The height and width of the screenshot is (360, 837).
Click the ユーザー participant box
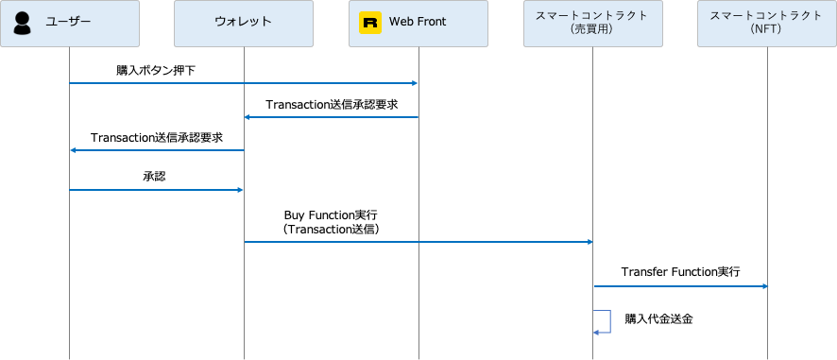click(x=70, y=24)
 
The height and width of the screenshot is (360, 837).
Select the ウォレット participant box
click(x=244, y=24)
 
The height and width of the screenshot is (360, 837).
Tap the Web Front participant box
click(x=418, y=24)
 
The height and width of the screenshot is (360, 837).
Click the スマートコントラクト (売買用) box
click(x=593, y=24)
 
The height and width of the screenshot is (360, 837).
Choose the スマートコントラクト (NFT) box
click(x=766, y=24)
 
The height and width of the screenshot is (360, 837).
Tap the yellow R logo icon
click(x=370, y=23)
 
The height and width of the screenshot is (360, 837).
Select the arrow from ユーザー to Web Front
click(x=244, y=83)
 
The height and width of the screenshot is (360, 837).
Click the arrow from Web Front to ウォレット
click(x=331, y=117)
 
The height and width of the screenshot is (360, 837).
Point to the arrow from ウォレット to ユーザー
click(x=157, y=150)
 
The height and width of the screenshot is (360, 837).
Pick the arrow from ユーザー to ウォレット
click(x=157, y=190)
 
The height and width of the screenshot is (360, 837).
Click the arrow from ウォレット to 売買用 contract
click(x=418, y=242)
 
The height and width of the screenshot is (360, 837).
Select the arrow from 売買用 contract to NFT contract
click(x=680, y=285)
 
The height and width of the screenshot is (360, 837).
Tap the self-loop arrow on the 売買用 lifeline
click(x=608, y=321)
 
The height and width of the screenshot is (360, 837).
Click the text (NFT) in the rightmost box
click(x=766, y=30)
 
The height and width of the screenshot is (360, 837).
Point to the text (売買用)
click(x=592, y=30)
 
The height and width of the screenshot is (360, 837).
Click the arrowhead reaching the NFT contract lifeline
click(x=763, y=285)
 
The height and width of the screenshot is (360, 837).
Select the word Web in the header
click(x=401, y=23)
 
